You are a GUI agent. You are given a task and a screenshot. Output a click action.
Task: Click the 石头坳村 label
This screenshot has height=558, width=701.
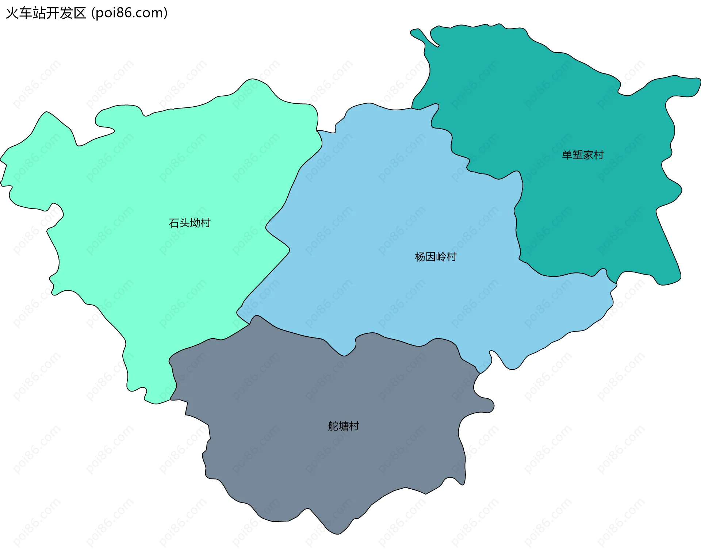coord(189,223)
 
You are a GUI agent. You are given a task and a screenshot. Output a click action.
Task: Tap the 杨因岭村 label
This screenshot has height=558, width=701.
coord(436,257)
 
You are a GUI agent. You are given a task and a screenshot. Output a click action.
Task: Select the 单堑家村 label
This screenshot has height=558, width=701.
coord(583,155)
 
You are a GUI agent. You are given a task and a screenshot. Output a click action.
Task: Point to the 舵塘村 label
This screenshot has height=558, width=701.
coord(343,426)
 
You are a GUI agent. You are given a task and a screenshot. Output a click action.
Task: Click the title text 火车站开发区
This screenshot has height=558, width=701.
coord(46,13)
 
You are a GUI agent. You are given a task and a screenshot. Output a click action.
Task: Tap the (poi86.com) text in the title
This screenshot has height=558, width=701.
coord(129,13)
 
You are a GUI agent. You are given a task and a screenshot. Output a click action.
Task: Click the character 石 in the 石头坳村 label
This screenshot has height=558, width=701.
coord(174,223)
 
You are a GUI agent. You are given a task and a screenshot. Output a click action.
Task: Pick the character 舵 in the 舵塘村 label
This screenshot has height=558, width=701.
coord(333,426)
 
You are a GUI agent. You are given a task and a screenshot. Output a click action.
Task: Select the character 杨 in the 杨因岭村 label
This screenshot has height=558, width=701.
coord(420,257)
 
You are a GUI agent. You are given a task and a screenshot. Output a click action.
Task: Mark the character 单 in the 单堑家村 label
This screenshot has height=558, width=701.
coord(567,155)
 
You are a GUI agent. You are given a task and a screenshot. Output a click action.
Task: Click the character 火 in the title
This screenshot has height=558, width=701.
coord(12,13)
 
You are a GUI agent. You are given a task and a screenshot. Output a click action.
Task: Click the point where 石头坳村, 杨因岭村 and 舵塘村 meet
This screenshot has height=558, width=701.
coord(250,324)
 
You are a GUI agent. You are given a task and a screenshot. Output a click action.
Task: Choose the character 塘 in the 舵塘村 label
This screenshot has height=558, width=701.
coord(343,426)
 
